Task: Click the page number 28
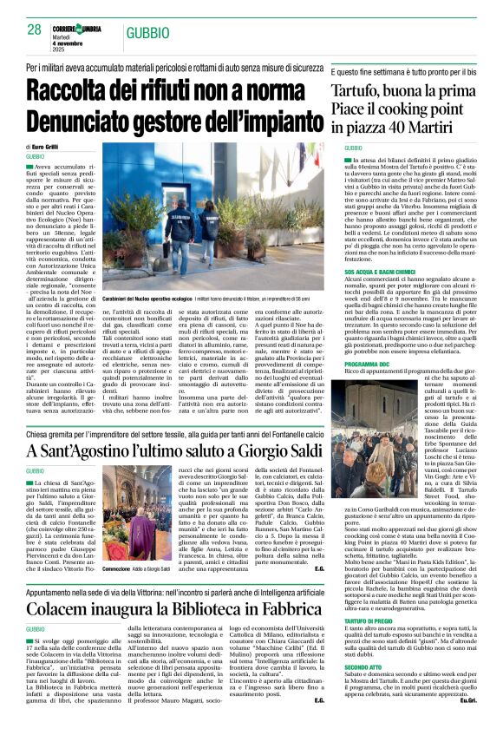(x=34, y=30)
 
